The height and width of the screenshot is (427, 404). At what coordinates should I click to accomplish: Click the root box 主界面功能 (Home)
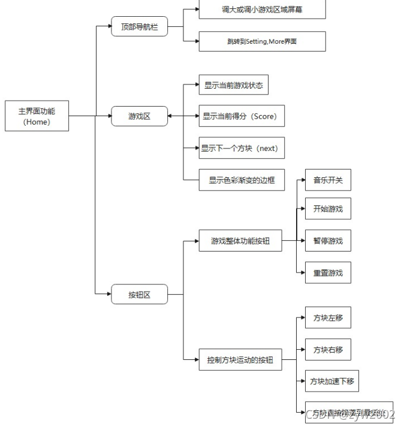coord(37,116)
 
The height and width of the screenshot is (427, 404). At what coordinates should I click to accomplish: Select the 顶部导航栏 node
coord(139,27)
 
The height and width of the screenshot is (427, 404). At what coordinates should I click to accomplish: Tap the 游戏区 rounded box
coord(139,116)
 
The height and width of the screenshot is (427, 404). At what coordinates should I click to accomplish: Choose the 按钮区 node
coord(139,294)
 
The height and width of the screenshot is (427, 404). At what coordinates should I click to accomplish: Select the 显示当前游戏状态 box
coord(233,85)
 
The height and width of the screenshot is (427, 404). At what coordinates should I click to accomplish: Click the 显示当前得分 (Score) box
coord(241,116)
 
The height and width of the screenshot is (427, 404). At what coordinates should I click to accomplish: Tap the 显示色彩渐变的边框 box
coord(241,180)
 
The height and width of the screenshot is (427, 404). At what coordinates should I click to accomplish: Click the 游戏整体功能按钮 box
coord(240,241)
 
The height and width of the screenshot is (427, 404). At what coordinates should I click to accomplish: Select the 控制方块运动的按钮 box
coord(240,360)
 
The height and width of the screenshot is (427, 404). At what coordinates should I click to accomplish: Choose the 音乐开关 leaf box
coord(328,180)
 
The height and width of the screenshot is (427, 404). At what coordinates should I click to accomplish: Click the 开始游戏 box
coord(328,209)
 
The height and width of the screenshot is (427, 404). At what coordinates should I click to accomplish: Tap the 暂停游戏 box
coord(328,241)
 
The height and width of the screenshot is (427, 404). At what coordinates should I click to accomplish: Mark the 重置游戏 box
coord(328,272)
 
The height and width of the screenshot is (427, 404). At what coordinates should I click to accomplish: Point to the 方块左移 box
coord(328,317)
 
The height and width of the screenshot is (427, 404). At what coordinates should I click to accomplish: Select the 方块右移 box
coord(328,349)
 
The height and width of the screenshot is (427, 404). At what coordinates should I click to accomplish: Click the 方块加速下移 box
coord(332,381)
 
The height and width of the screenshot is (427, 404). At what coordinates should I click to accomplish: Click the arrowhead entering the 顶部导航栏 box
coord(108,27)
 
